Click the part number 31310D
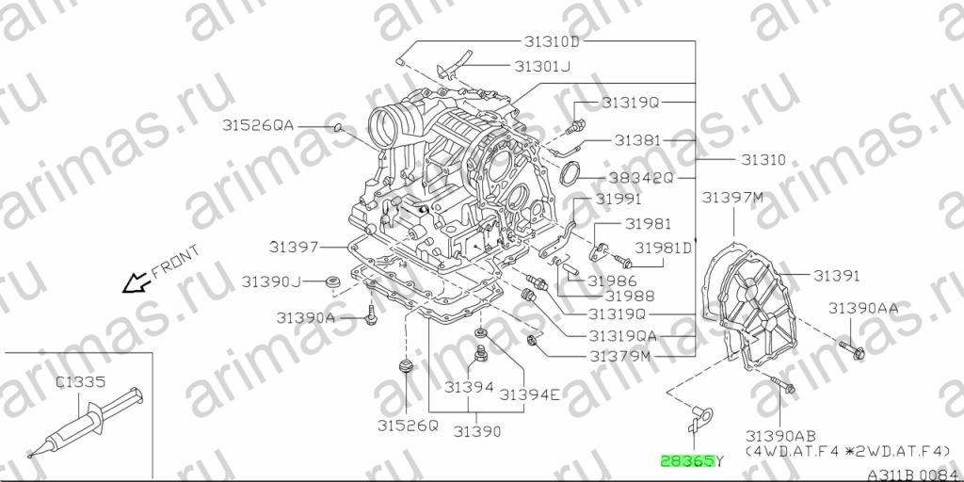point(552,41)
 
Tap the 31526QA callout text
point(258,126)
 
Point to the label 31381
point(637,141)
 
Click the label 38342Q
point(641,179)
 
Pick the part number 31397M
point(732,198)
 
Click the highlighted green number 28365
point(687,460)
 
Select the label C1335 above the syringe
point(81,381)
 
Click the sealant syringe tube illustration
point(86,422)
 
